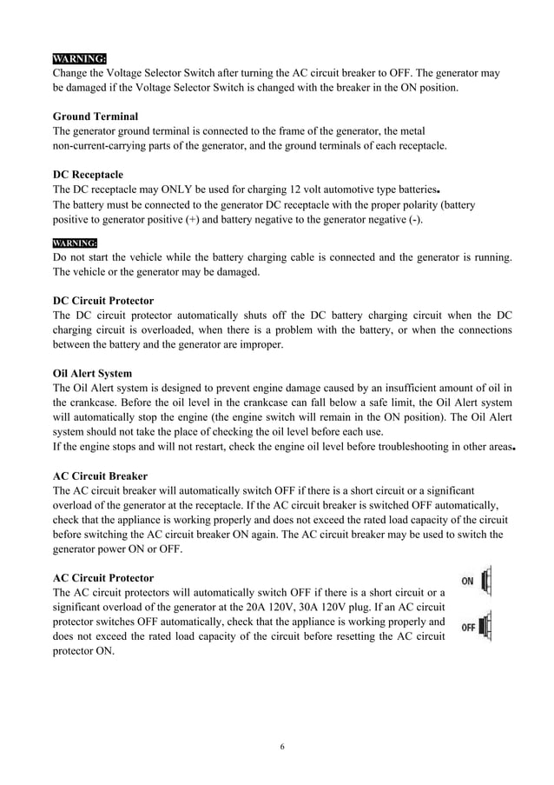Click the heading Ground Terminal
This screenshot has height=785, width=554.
pos(95,116)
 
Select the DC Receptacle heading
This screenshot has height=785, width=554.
pos(88,175)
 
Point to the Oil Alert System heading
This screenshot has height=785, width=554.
pos(92,374)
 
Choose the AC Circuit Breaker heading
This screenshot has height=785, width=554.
pos(100,476)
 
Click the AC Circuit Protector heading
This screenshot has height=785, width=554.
pos(103,577)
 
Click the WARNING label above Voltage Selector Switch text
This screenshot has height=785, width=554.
pos(79,58)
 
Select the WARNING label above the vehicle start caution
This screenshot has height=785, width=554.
pos(75,243)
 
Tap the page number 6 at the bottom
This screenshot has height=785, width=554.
pos(283,746)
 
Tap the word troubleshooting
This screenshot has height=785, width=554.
pos(416,447)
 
